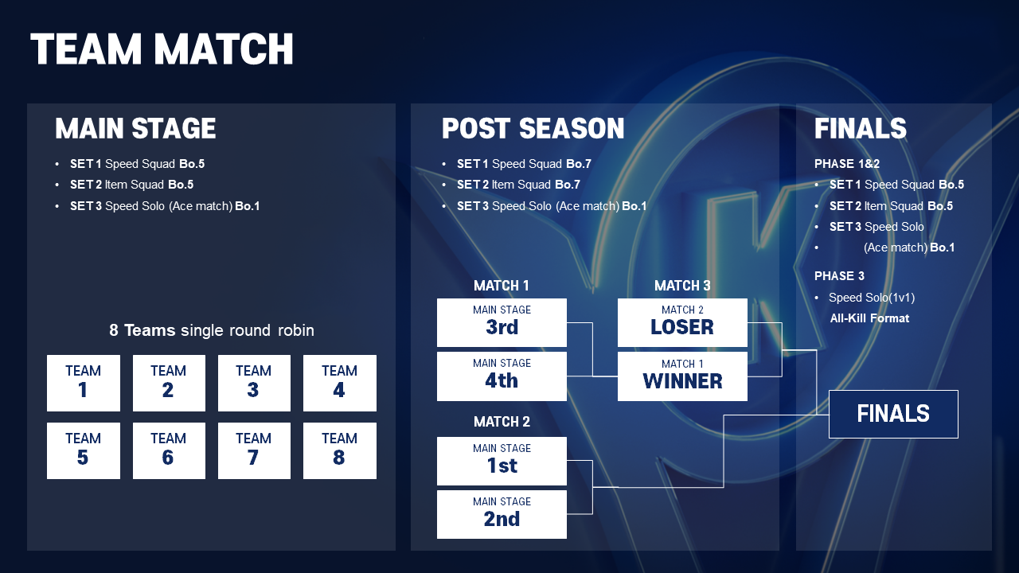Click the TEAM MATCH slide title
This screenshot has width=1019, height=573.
(162, 49)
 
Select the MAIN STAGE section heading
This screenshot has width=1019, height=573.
(135, 128)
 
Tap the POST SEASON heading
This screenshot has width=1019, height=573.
(533, 128)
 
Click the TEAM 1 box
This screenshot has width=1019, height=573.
(84, 383)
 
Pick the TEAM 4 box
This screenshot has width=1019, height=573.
(340, 383)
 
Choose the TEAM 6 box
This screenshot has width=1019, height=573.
(169, 450)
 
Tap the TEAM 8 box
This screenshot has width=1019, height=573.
(340, 450)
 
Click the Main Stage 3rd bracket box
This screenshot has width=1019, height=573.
(502, 322)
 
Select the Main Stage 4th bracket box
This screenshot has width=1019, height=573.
(502, 376)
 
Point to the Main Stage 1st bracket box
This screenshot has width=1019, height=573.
(502, 461)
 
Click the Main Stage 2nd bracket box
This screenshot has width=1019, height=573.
(502, 514)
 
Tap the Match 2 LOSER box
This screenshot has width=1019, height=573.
(682, 322)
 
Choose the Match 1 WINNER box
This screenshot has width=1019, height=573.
(682, 376)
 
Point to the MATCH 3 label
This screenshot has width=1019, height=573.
(682, 286)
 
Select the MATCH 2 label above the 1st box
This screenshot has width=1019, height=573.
(502, 422)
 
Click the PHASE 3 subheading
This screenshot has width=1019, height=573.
(839, 276)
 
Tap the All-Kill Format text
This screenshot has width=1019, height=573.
(869, 318)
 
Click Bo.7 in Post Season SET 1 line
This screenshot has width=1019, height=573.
(579, 164)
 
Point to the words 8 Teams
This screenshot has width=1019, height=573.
(142, 330)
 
